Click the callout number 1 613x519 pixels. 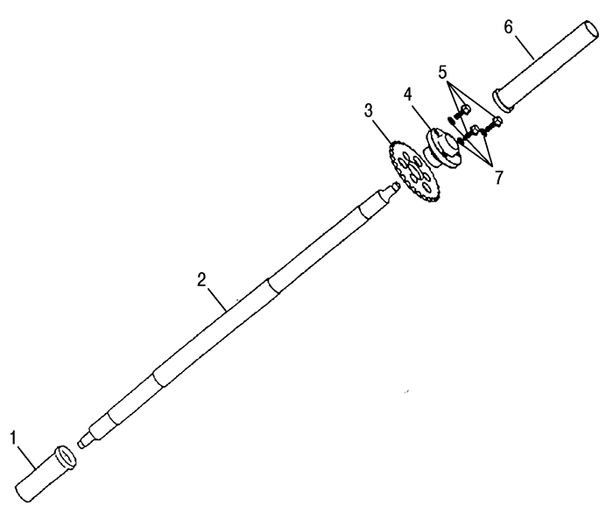(x=14, y=438)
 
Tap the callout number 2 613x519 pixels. (x=201, y=280)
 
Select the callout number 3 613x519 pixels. (x=369, y=111)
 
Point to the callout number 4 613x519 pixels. (x=408, y=95)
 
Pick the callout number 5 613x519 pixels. (x=442, y=73)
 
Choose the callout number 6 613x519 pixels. (x=508, y=27)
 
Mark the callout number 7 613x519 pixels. (x=498, y=178)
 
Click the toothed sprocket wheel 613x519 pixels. (x=415, y=172)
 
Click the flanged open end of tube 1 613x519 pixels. (x=66, y=457)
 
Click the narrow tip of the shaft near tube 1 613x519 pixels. (x=81, y=443)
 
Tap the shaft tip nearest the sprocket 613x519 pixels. (x=396, y=186)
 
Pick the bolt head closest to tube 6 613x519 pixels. (x=497, y=122)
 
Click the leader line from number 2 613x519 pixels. (x=217, y=299)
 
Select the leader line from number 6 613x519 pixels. (x=525, y=47)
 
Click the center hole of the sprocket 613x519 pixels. (x=415, y=172)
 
